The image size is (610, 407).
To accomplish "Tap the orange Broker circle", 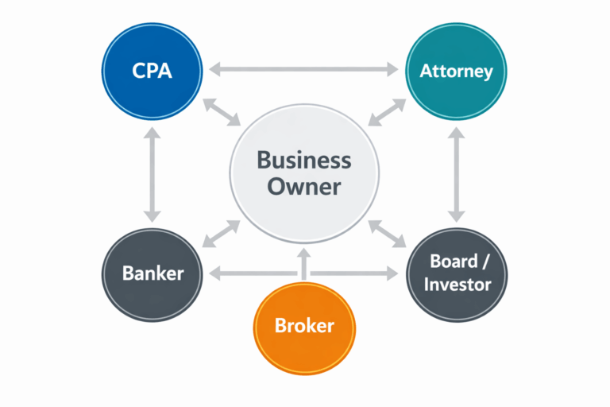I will coord(304,325).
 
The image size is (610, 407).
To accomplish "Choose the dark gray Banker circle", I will coord(152,273).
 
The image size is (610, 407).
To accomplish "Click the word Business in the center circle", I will coord(303,160).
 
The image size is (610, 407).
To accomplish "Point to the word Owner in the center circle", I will coord(303,188).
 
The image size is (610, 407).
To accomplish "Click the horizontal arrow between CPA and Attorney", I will coord(304,70).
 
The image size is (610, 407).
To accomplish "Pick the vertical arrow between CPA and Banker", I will coord(152,172).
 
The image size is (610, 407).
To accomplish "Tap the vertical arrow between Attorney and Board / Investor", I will coord(456,172).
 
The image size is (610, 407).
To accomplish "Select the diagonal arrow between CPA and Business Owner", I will coord(222,112).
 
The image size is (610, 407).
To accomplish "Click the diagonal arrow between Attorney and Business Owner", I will coord(386,112).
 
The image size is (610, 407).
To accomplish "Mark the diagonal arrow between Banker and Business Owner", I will coord(222,234).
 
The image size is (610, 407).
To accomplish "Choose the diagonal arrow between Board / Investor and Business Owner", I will coord(386,234).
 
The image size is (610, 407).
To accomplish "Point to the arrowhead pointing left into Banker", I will coord(214,274).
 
